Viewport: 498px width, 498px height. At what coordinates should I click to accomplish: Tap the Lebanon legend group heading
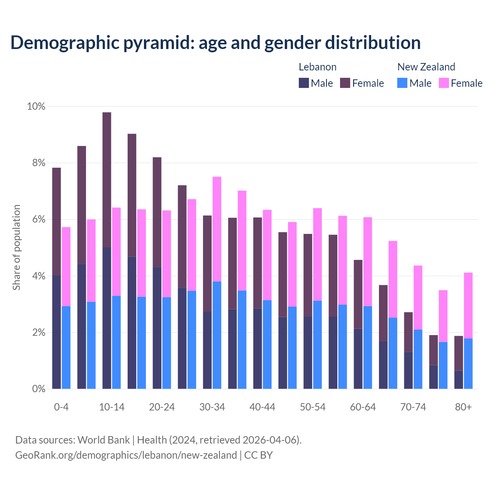coord(317,67)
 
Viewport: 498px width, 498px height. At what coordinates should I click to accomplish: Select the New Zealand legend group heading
coord(426,67)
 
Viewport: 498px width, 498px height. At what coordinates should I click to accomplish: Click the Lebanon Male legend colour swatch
coord(304,83)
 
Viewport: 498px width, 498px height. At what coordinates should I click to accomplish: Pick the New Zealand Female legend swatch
coord(444,83)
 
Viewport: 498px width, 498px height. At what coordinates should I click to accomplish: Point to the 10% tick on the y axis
coord(36,106)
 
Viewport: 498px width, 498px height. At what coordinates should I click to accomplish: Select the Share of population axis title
coord(17,247)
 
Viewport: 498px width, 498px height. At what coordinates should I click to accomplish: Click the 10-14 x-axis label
coord(112,407)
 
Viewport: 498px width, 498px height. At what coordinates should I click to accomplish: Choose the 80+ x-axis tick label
coord(463,407)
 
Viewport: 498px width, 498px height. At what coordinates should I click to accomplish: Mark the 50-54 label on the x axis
coord(313,407)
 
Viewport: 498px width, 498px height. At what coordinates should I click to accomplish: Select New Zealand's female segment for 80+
coord(468,305)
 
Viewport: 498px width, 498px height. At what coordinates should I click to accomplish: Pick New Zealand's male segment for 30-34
coord(217,335)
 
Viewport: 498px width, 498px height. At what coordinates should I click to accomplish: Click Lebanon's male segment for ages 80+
coord(459,380)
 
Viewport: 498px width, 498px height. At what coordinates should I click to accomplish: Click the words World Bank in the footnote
coord(103,440)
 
